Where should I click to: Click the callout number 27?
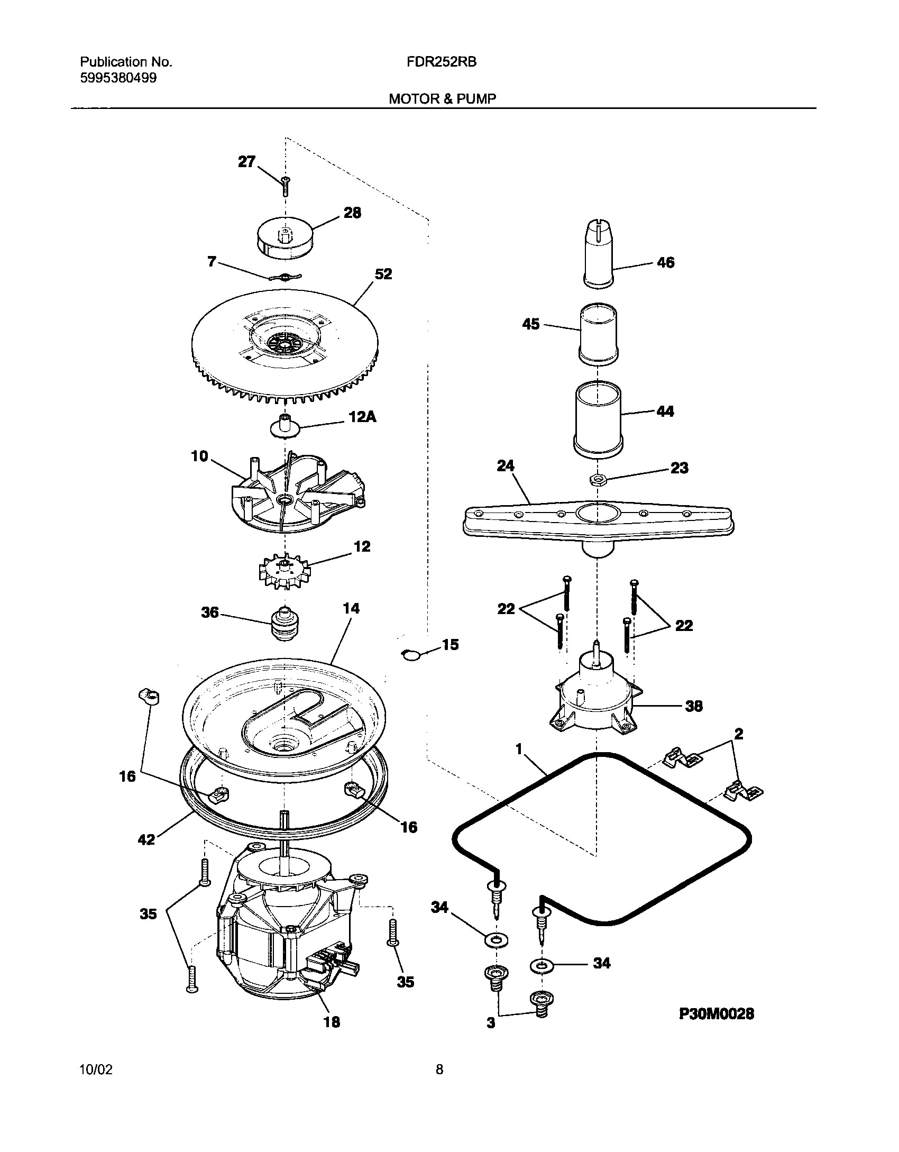click(246, 162)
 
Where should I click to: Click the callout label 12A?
click(363, 417)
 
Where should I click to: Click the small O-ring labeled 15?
click(409, 655)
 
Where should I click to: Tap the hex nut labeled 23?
click(598, 480)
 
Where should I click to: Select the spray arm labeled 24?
click(598, 521)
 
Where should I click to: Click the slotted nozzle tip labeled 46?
click(599, 255)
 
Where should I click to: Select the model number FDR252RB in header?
click(442, 62)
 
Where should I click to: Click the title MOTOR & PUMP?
click(443, 98)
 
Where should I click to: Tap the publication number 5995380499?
click(118, 78)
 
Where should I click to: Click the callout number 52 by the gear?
click(383, 274)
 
